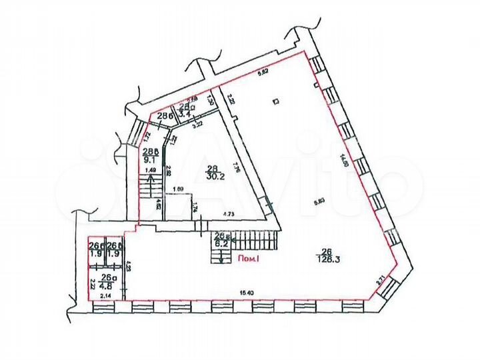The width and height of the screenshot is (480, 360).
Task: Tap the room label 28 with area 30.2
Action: point(213,173)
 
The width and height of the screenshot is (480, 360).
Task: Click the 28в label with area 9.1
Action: point(150,154)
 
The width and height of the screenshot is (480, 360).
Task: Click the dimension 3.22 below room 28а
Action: point(197,125)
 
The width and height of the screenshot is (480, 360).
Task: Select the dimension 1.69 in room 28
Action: point(178,190)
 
